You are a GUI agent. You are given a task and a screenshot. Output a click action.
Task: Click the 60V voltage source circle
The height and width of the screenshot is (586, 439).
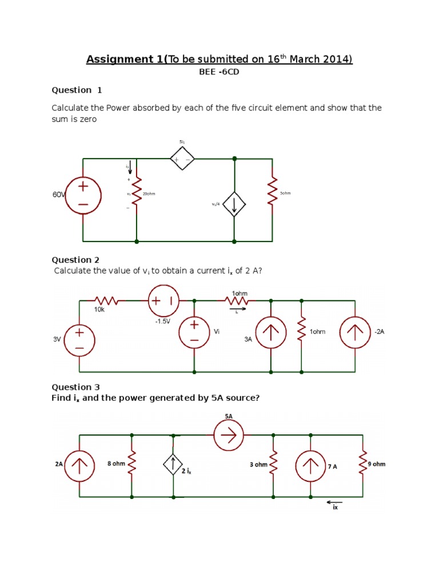click(x=83, y=195)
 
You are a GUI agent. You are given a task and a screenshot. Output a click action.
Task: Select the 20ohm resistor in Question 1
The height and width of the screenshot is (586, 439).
click(x=137, y=193)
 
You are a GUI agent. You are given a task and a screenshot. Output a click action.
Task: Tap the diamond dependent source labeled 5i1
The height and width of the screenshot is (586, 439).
click(x=182, y=159)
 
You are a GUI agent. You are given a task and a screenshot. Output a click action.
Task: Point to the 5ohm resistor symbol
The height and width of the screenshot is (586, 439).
click(x=272, y=193)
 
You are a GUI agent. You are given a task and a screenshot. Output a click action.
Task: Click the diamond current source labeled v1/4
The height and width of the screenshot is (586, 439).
click(x=234, y=204)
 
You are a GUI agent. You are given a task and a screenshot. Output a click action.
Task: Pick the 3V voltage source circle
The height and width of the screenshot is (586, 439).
click(x=79, y=339)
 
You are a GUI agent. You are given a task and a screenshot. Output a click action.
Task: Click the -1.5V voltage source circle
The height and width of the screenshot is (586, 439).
click(x=163, y=300)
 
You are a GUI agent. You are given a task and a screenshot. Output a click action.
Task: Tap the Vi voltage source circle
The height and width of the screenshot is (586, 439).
click(x=194, y=332)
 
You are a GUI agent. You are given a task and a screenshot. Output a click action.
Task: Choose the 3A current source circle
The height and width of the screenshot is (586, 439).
click(x=271, y=332)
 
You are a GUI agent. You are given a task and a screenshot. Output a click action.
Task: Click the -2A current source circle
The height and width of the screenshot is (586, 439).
click(x=355, y=332)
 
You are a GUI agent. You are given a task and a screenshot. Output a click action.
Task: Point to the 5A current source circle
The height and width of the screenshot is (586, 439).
click(x=229, y=436)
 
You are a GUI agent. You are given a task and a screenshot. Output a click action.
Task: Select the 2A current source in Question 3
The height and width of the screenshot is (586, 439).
click(x=79, y=465)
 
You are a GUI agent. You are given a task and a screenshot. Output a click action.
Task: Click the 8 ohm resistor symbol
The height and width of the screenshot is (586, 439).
click(x=132, y=465)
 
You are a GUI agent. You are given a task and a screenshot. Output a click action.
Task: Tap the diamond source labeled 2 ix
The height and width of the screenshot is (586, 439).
click(x=173, y=465)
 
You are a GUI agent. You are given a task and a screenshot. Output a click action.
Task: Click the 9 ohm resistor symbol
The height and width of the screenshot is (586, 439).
click(x=362, y=465)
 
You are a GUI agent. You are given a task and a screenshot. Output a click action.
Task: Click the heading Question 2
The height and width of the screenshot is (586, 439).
click(x=72, y=260)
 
